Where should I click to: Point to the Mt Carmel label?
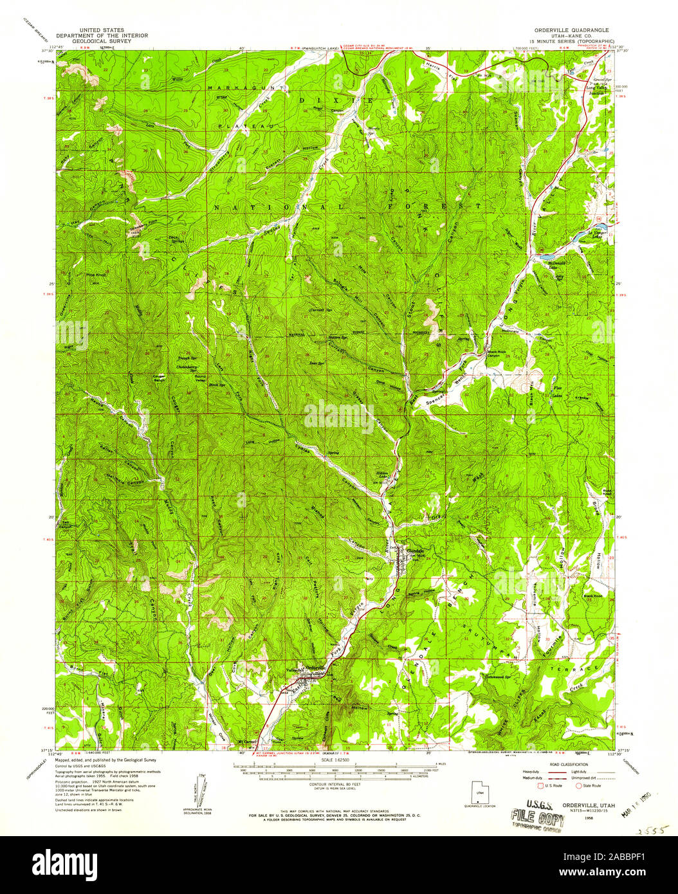[247, 742]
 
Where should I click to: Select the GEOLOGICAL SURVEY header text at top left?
[102, 41]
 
